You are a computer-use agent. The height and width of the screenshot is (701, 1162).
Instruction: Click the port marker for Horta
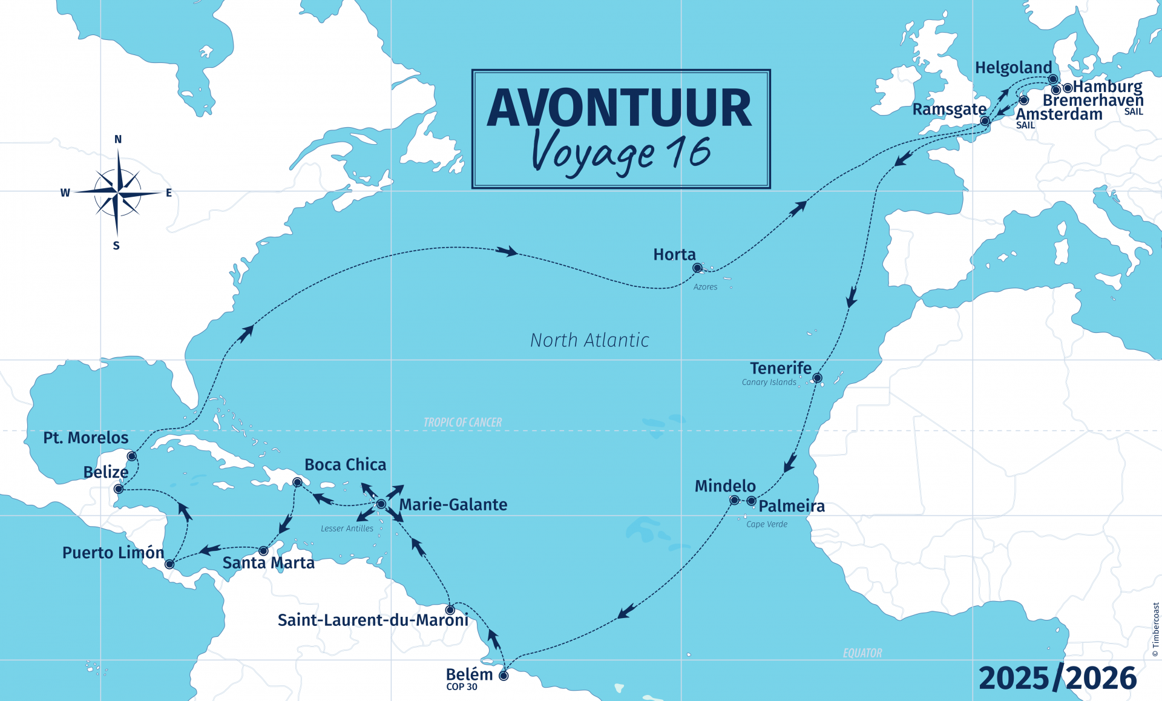(697, 268)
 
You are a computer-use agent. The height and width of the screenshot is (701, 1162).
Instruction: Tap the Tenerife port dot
(817, 378)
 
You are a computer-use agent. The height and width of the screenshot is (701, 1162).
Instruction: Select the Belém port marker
(504, 676)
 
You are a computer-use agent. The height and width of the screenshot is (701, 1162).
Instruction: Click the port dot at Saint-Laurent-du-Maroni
(450, 610)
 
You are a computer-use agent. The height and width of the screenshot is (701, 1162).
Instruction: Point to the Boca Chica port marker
(297, 482)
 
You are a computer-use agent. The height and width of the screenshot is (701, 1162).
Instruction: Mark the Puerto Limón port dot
(169, 564)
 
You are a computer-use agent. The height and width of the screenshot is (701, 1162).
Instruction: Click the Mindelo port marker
(734, 500)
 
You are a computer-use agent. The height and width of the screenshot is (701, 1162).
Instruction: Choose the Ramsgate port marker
(985, 121)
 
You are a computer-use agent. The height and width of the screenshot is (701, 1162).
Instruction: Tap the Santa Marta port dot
(263, 551)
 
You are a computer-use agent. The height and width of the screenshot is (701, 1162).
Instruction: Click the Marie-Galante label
(453, 505)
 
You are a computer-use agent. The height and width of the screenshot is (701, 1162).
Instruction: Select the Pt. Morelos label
(86, 438)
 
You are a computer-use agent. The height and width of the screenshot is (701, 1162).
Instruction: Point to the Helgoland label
(1013, 68)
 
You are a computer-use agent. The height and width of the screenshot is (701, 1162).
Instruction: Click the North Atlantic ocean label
(589, 340)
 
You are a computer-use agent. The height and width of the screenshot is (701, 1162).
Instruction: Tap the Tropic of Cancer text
(462, 423)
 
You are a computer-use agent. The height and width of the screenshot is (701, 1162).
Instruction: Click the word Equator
(862, 653)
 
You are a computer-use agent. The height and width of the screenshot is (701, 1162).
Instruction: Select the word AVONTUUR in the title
(620, 108)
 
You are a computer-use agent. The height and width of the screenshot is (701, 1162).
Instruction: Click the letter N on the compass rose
(118, 139)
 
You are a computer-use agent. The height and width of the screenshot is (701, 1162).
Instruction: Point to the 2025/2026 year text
(1057, 678)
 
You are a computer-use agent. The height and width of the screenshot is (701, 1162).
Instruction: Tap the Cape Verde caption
(767, 524)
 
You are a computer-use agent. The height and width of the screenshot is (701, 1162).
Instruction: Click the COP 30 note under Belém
(462, 687)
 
